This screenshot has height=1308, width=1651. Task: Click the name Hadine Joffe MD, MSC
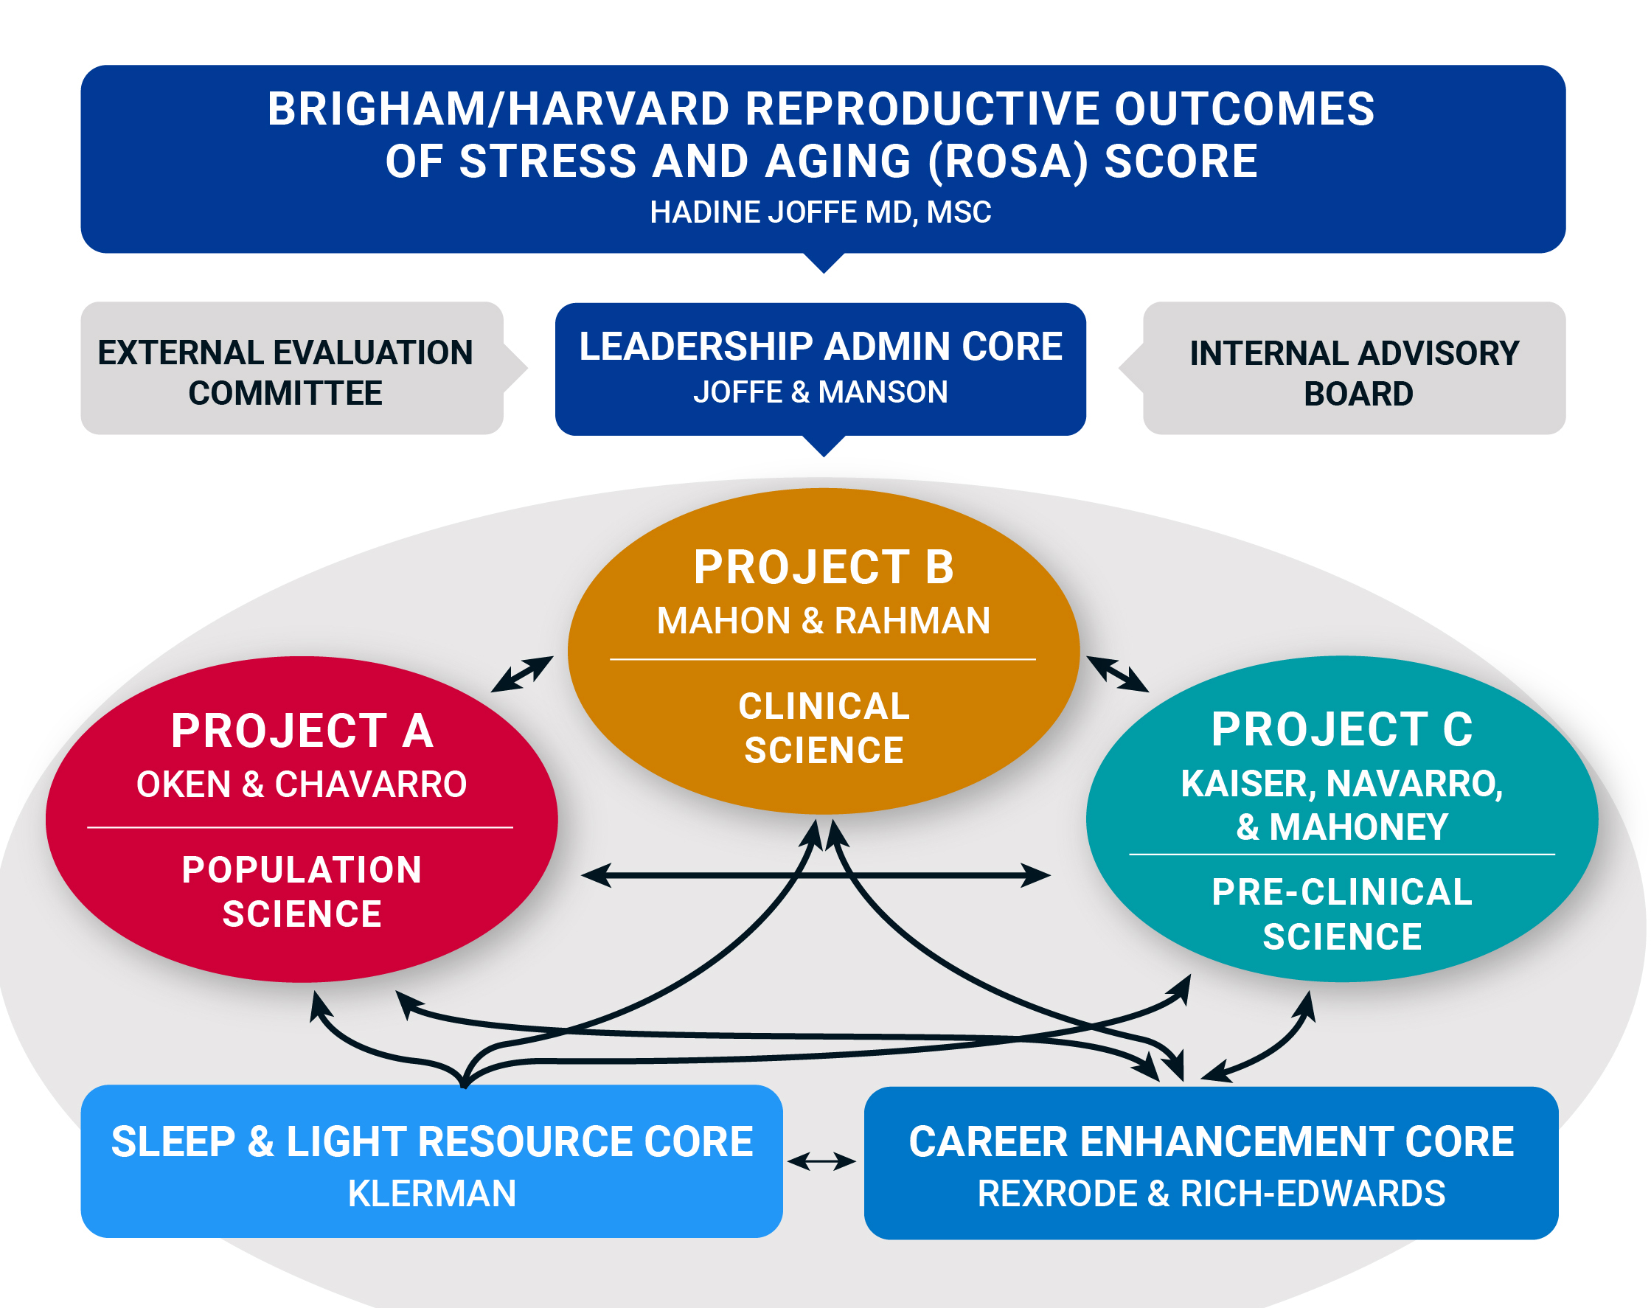tap(820, 212)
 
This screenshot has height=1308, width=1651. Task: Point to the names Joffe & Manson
tap(820, 392)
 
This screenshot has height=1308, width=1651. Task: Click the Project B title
tap(823, 568)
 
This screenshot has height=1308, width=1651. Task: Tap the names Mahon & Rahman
tap(823, 620)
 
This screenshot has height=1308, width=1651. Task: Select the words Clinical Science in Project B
tap(823, 728)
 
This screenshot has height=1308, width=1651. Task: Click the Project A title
tap(302, 731)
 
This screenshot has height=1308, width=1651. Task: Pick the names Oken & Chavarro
tap(302, 785)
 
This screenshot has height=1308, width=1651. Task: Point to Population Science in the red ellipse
tap(302, 891)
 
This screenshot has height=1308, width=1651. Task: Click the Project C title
tap(1341, 729)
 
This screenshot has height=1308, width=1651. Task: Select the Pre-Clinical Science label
tap(1341, 914)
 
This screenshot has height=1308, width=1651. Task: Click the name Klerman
tap(432, 1193)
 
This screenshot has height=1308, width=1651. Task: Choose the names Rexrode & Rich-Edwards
tap(1212, 1193)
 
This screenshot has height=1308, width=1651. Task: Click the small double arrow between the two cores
tap(821, 1162)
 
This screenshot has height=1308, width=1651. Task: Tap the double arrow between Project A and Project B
tap(522, 674)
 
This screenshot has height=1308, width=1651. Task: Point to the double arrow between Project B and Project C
tap(1117, 674)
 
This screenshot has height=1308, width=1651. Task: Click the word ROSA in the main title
tap(1008, 161)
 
